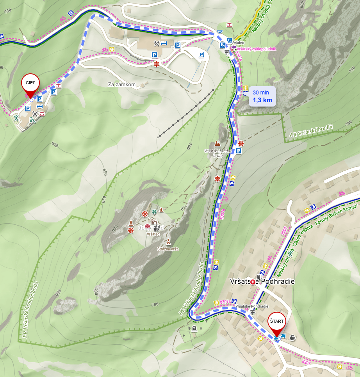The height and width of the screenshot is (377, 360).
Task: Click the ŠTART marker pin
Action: click(x=277, y=322)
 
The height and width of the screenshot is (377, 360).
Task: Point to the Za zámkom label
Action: click(x=121, y=84)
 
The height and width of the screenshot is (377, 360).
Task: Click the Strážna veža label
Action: click(x=168, y=249)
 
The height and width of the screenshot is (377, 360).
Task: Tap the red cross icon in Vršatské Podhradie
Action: click(x=253, y=282)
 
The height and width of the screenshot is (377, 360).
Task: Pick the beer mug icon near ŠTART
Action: click(x=292, y=338)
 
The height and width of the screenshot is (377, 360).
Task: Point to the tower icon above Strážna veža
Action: click(x=168, y=242)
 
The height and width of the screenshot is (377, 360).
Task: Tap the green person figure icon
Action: click(x=16, y=117)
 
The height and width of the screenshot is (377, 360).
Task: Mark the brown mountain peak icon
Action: click(x=217, y=144)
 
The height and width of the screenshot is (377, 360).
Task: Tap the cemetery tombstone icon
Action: click(x=194, y=328)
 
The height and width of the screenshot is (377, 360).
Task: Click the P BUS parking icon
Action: click(x=229, y=40)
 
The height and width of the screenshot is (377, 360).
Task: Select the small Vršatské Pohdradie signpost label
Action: click(x=252, y=306)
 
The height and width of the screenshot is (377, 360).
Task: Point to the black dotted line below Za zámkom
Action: click(x=185, y=113)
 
